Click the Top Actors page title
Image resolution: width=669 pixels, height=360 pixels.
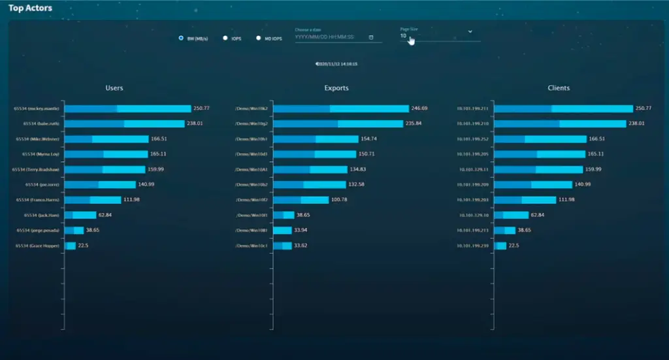coord(30,8)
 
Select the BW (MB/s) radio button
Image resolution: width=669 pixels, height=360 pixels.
coord(181,38)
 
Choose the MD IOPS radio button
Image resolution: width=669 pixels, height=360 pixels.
coord(259,38)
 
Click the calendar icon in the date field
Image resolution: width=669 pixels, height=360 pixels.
coord(371,37)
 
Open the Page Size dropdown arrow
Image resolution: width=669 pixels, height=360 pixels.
coord(470,31)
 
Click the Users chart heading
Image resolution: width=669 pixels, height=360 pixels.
coord(114,88)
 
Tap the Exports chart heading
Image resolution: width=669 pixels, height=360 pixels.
coord(336,88)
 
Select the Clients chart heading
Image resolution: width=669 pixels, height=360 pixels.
coord(559,88)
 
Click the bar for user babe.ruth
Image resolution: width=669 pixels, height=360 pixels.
coord(124,123)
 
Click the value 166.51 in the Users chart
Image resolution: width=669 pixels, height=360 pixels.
coord(159,139)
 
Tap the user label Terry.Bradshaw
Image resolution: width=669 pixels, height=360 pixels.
coord(37,169)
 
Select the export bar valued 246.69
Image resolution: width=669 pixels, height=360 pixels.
coord(340,108)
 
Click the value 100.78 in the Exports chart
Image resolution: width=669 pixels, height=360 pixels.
coord(340,200)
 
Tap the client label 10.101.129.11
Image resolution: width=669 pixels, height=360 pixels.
coord(474,169)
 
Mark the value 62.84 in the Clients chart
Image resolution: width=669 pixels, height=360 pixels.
coord(538,215)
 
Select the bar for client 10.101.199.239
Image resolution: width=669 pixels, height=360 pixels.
coord(501,246)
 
